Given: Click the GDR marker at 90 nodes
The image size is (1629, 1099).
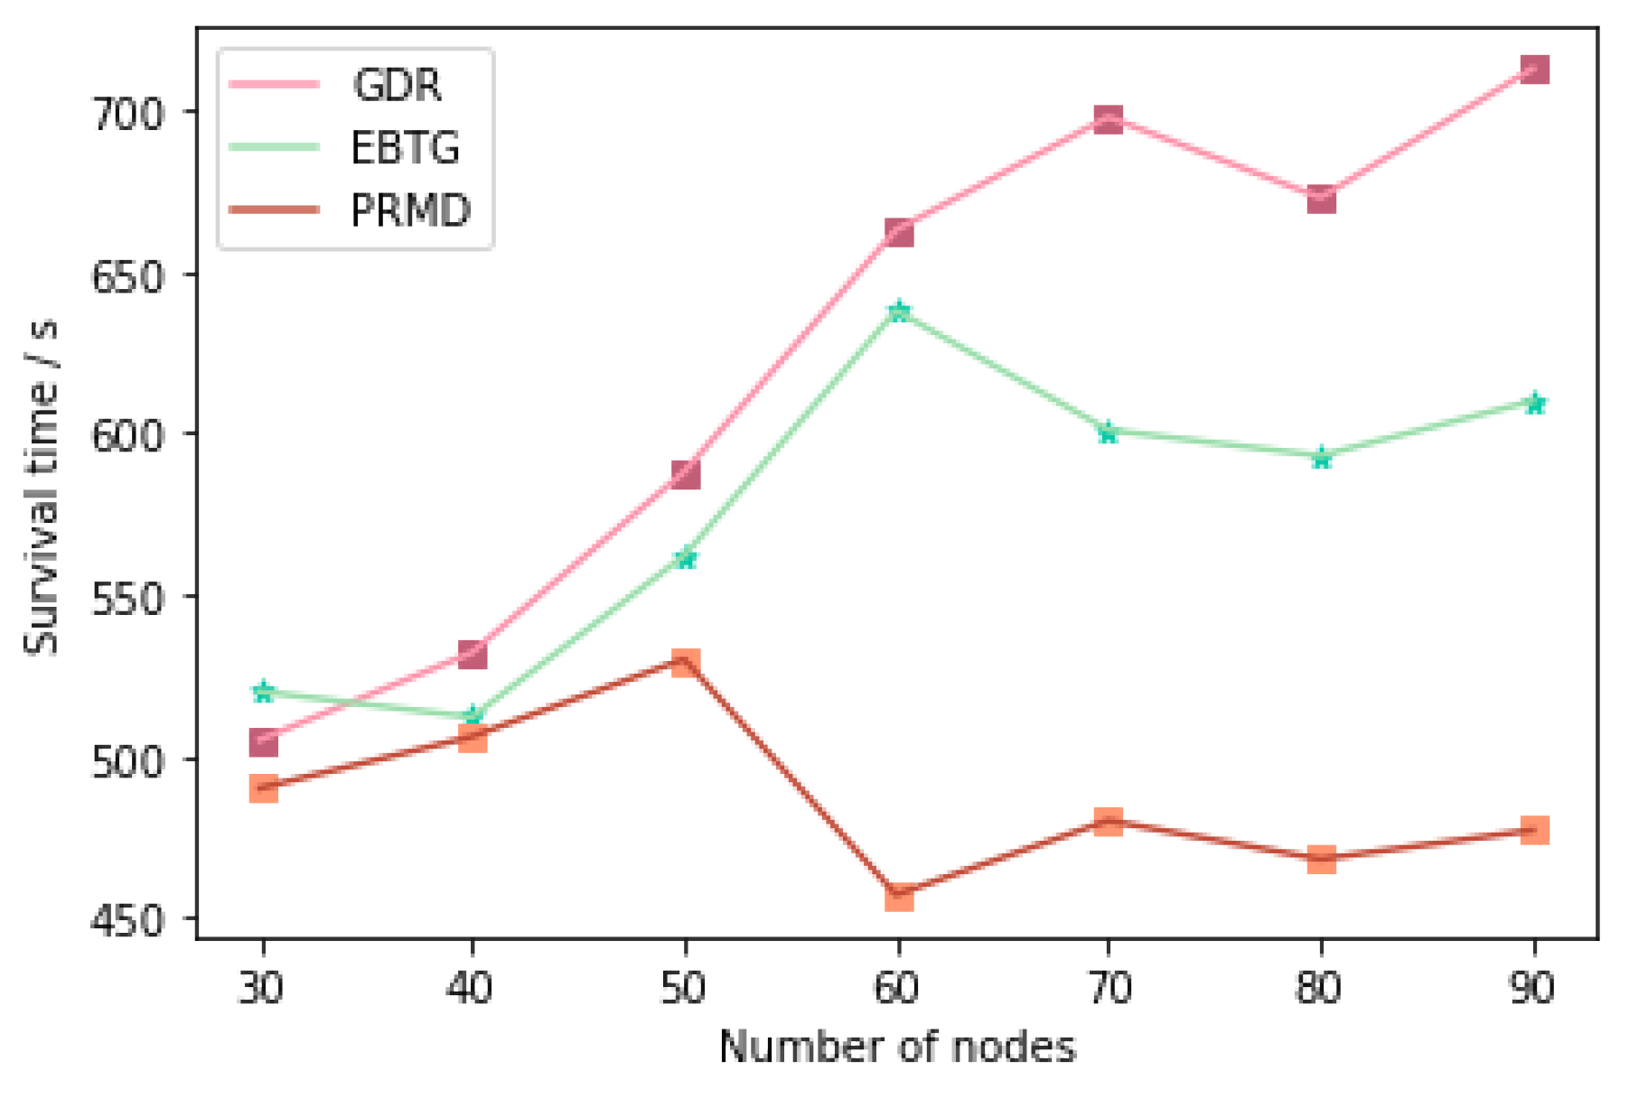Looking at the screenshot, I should [1533, 70].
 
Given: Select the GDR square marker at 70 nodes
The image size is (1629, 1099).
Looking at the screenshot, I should [1108, 119].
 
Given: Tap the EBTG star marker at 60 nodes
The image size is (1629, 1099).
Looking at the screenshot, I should [898, 312].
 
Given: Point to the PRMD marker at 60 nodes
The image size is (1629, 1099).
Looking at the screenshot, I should [898, 896].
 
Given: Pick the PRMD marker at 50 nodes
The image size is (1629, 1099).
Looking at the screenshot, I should [686, 662].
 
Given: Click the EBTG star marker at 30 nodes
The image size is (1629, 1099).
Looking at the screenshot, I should [263, 692].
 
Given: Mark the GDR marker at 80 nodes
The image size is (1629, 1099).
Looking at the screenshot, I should [1321, 200].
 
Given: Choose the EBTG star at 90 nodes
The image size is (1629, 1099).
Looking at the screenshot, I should [1533, 403].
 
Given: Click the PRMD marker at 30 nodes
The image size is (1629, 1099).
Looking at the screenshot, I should [263, 788].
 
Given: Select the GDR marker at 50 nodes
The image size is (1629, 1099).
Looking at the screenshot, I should [686, 474].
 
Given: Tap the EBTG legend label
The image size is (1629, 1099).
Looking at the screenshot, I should [405, 148].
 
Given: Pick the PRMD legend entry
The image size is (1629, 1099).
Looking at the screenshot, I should [410, 210].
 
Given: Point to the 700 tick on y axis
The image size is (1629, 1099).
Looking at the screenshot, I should [127, 114].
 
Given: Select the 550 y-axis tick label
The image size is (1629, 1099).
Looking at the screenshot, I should [127, 598].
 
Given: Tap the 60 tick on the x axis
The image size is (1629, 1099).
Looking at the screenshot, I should [896, 989].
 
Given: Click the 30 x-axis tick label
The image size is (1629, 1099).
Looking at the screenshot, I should [261, 989].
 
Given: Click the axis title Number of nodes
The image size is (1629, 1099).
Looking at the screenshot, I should [897, 1048].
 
